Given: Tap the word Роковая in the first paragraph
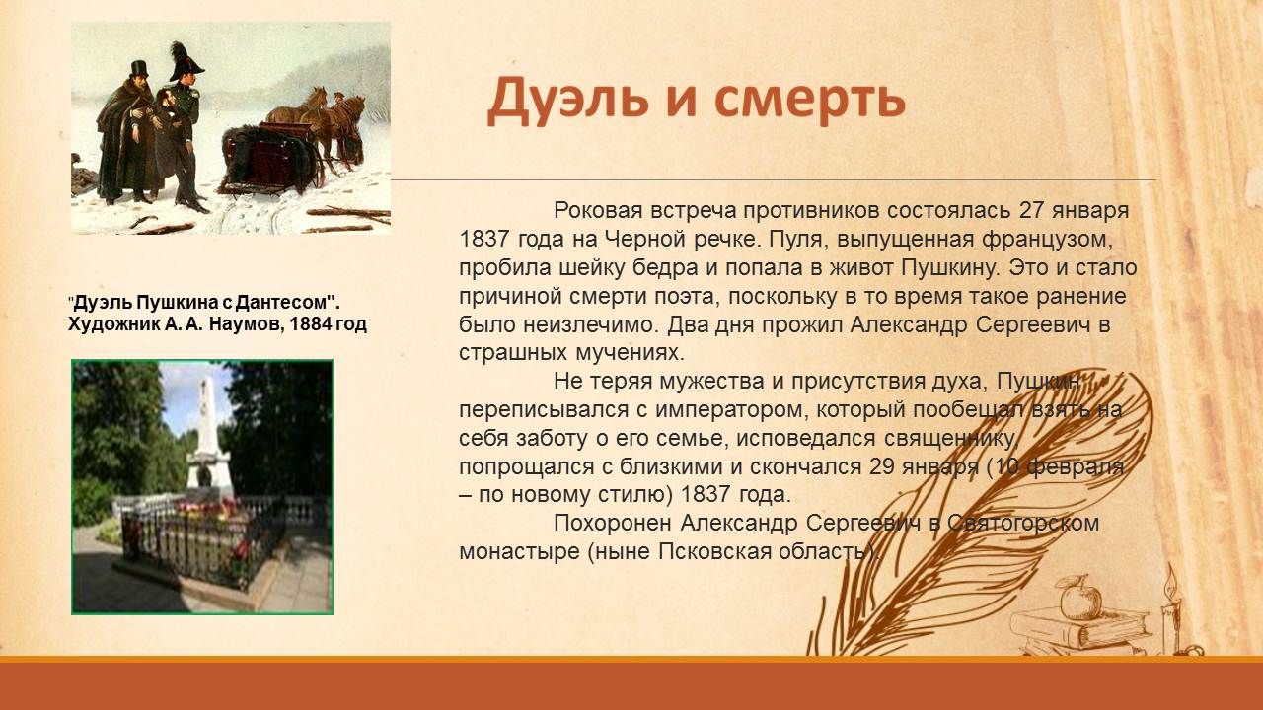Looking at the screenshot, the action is [598, 211].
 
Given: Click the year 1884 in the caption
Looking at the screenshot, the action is [310, 324].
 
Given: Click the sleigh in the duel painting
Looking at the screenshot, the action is [266, 158].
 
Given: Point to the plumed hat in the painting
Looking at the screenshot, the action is [186, 62].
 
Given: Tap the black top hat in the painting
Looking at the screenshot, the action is [139, 69].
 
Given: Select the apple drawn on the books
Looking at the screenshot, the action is [1080, 598].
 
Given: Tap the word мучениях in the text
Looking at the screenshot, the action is [630, 354].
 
